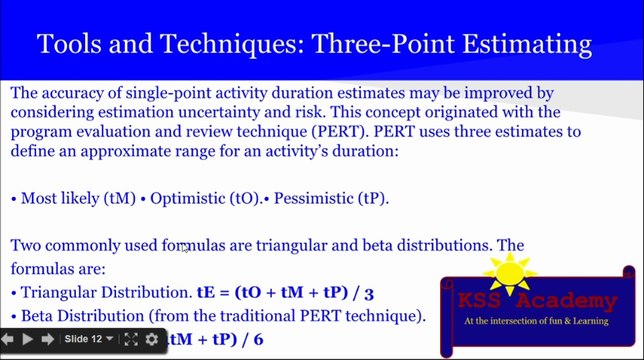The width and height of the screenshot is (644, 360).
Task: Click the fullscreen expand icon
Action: [131, 339]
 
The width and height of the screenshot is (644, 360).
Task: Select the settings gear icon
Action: [152, 339]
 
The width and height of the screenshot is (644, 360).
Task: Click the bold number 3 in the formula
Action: [369, 293]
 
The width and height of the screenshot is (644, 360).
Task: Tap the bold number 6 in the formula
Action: [258, 340]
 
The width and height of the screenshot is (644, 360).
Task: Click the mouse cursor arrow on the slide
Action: [184, 248]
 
